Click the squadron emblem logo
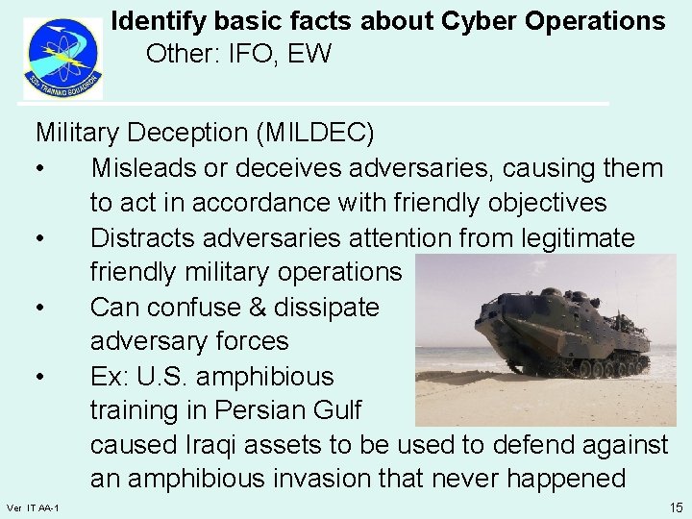point(62,58)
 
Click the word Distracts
point(146,236)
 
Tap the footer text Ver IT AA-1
point(33,507)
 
